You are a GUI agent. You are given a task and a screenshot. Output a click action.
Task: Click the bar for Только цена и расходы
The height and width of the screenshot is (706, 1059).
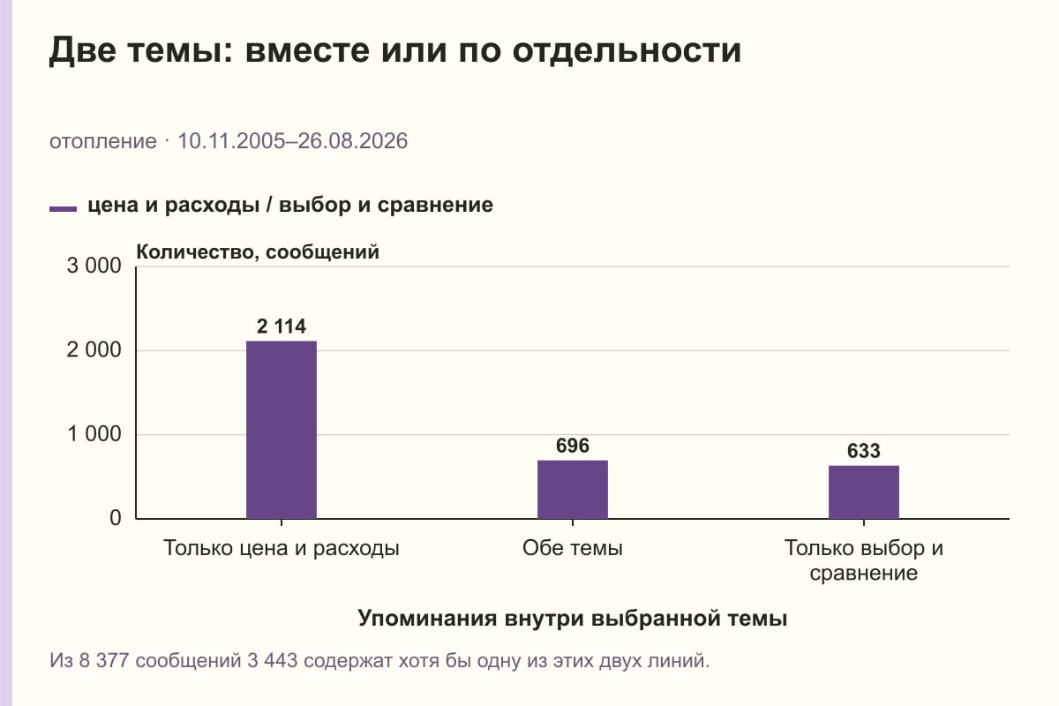[x=282, y=430]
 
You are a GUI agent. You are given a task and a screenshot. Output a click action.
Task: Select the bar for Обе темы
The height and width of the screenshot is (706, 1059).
[x=573, y=490]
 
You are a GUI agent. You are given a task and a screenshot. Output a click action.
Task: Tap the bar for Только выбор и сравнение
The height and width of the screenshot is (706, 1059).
[x=864, y=492]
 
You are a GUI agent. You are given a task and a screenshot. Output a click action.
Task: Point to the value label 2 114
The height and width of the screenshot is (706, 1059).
[x=282, y=327]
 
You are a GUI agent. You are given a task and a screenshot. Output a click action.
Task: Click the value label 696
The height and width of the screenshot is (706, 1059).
[x=573, y=446]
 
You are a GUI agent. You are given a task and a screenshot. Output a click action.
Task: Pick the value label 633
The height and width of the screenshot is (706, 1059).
[x=864, y=451]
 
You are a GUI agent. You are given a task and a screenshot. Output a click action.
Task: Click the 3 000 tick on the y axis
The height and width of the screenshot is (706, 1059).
[x=94, y=266]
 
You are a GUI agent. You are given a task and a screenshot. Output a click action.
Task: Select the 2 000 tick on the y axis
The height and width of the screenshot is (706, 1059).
[x=94, y=350]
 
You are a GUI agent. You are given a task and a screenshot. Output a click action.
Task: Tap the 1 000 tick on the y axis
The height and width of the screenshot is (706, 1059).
[x=94, y=433]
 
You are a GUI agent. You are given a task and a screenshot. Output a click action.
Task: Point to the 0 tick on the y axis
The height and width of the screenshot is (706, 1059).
[x=116, y=518]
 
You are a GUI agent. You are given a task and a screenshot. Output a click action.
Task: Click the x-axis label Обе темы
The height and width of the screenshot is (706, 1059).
[x=573, y=548]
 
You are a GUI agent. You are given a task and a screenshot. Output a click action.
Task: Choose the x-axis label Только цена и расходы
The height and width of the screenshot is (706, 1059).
[x=282, y=549]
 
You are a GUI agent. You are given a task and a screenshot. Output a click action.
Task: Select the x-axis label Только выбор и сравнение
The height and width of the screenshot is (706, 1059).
[x=864, y=560]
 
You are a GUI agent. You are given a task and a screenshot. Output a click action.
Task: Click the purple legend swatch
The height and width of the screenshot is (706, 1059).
[x=63, y=208]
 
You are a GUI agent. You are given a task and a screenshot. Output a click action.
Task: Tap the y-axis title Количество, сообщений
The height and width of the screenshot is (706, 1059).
[x=258, y=252]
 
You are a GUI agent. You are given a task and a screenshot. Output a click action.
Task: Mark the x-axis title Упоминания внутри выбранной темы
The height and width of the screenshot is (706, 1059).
[x=573, y=618]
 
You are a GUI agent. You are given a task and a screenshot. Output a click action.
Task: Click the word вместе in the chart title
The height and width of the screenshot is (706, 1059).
[x=307, y=50]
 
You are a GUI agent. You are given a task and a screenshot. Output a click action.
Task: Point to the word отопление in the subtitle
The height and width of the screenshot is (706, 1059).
[x=103, y=141]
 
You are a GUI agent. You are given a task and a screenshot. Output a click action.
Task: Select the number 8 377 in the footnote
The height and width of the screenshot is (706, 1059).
[x=104, y=661]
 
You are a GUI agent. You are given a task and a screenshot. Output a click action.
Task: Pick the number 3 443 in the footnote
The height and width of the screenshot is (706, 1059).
[x=273, y=661]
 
